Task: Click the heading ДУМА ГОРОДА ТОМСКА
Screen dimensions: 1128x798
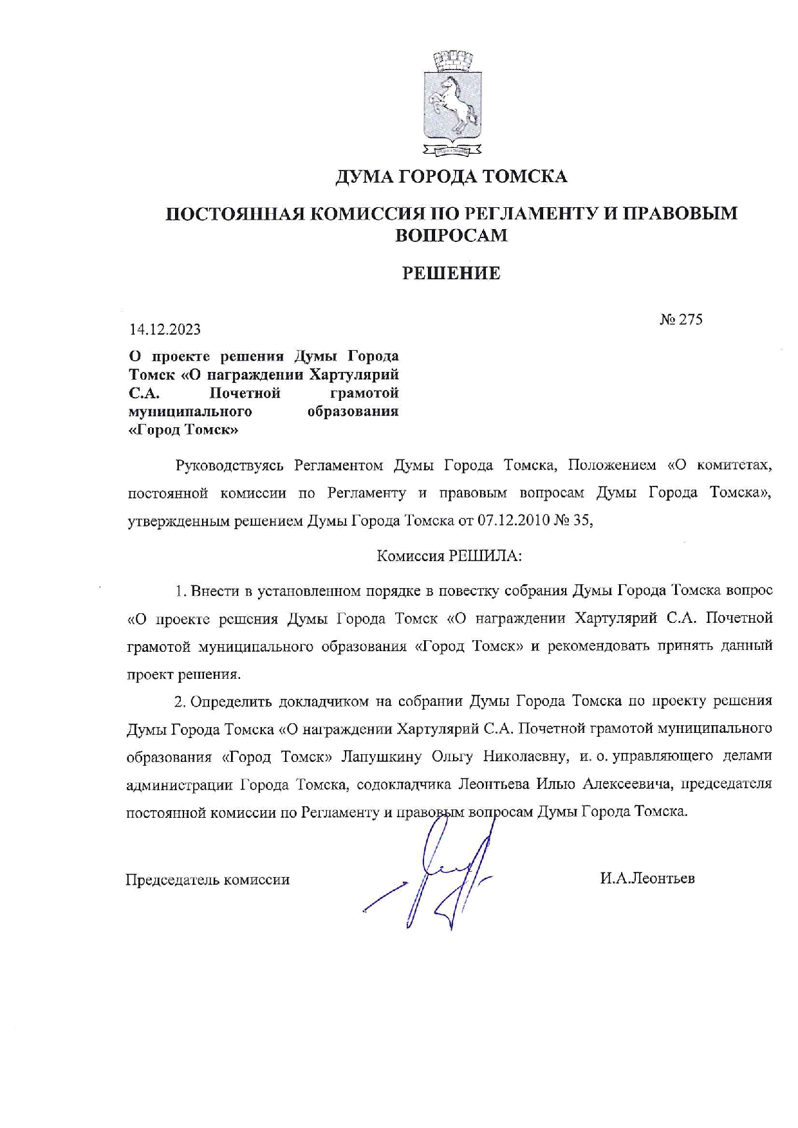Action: pyautogui.click(x=451, y=176)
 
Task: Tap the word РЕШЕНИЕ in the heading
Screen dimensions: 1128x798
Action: pyautogui.click(x=451, y=273)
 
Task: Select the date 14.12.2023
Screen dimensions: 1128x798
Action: pyautogui.click(x=165, y=329)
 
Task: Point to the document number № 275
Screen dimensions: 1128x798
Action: pyautogui.click(x=681, y=319)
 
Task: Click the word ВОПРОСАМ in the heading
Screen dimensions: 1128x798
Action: pyautogui.click(x=451, y=236)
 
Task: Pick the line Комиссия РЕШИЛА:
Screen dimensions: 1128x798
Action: pyautogui.click(x=449, y=556)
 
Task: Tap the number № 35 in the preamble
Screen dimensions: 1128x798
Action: pyautogui.click(x=572, y=521)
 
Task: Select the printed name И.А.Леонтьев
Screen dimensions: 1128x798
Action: pyautogui.click(x=647, y=878)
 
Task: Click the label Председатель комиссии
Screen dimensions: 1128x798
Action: pyautogui.click(x=207, y=880)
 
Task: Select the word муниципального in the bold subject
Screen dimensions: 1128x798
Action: pyautogui.click(x=190, y=411)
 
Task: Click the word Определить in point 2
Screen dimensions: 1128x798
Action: pyautogui.click(x=226, y=701)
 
